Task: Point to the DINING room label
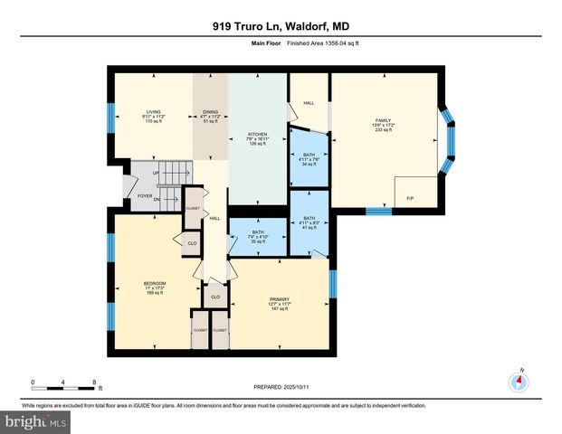click(x=210, y=117)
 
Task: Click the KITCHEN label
click(x=258, y=138)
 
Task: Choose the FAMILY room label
click(x=384, y=125)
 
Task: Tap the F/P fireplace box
click(x=410, y=197)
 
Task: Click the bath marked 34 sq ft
click(x=309, y=159)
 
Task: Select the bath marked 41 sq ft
click(x=309, y=222)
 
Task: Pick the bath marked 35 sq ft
click(x=258, y=236)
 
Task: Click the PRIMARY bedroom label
click(x=280, y=304)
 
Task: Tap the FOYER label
click(x=144, y=194)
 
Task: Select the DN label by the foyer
click(x=157, y=200)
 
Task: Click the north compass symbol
click(x=519, y=381)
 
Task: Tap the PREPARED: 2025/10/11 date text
click(x=281, y=387)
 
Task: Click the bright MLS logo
click(x=34, y=421)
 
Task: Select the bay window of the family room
click(x=447, y=140)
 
